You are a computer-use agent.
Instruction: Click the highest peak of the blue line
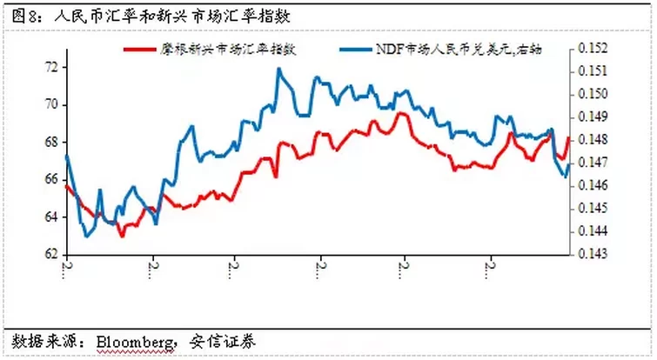pyautogui.click(x=278, y=69)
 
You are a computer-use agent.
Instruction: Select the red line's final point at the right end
pyautogui.click(x=569, y=137)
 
